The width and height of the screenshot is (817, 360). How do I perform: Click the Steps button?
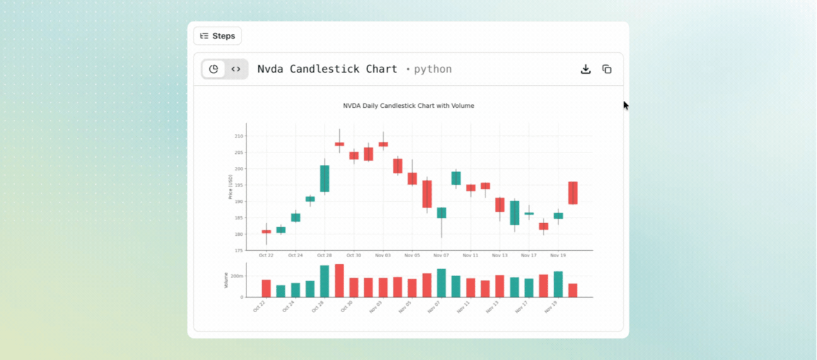(217, 36)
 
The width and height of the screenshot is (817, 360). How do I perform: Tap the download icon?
(586, 69)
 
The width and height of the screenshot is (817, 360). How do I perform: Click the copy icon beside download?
(607, 69)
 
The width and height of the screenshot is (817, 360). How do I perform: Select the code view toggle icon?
(236, 69)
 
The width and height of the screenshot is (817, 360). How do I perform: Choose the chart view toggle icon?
(214, 69)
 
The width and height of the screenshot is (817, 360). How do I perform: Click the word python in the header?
(432, 69)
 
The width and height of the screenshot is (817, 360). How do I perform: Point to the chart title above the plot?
(408, 106)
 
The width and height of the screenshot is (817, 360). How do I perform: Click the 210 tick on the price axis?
(238, 136)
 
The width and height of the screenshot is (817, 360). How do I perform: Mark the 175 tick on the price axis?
(238, 251)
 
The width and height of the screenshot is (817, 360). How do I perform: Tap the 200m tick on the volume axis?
(237, 276)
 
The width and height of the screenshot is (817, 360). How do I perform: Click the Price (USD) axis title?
(231, 187)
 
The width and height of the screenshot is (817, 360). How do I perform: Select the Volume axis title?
(226, 281)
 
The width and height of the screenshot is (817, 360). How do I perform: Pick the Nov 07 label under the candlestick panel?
(441, 255)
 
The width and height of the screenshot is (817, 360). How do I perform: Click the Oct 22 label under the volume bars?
(259, 306)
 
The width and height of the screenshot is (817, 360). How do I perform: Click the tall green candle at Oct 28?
(325, 178)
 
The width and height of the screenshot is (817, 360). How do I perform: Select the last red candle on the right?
(573, 193)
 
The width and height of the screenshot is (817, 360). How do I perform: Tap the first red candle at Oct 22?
(267, 232)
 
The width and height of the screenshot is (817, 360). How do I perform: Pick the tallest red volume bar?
(339, 281)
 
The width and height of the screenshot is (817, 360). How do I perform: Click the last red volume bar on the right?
(573, 290)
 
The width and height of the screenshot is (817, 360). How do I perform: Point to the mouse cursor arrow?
(626, 105)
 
